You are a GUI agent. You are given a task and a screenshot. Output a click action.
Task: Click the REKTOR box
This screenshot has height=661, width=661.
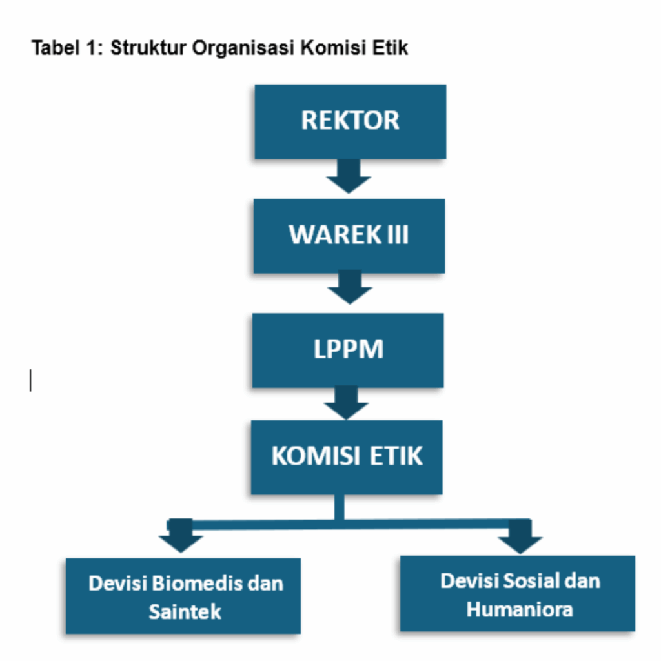tap(350, 121)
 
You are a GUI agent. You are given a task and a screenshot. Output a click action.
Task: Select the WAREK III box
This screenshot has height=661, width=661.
tap(349, 236)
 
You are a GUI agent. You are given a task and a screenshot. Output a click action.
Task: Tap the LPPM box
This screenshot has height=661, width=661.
tap(348, 350)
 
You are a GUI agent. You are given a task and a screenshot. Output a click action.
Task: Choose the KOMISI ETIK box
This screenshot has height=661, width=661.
tap(347, 457)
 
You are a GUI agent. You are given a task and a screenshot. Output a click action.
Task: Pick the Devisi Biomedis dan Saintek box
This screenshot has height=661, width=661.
tap(183, 596)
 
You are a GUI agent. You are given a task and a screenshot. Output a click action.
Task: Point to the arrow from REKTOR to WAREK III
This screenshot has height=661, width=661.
tap(349, 176)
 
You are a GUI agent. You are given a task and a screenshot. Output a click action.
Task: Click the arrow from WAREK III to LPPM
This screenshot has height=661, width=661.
tap(349, 288)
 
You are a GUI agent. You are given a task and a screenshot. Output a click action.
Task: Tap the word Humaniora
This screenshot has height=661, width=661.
tap(520, 609)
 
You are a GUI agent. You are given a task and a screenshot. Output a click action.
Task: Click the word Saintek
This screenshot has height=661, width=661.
tap(185, 611)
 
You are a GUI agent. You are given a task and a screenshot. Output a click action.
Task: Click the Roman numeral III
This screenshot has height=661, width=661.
tap(397, 236)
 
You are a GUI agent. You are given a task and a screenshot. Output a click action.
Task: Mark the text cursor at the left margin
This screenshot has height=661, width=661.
tap(30, 380)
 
